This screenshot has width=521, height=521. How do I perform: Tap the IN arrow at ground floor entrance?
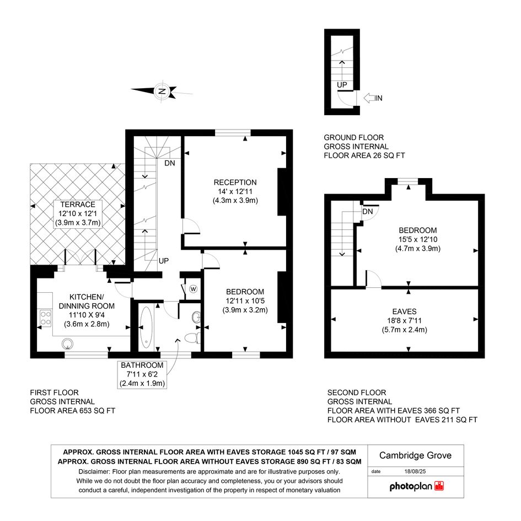(x=369, y=98)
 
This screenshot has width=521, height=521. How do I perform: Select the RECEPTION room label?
(x=235, y=182)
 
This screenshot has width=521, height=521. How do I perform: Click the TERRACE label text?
(x=78, y=205)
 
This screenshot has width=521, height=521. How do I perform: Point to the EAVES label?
(x=404, y=311)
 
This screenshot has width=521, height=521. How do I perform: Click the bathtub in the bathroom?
(x=146, y=327)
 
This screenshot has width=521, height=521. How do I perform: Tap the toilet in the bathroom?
(x=192, y=338)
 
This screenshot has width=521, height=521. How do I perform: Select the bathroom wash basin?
(x=196, y=317)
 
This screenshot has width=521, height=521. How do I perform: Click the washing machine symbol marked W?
(x=194, y=289)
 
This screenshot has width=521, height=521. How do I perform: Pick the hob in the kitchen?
(x=46, y=318)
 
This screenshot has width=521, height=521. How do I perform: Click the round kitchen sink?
(x=68, y=343)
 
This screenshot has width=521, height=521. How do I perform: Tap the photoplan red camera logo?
(x=439, y=486)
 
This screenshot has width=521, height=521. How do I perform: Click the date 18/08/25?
(x=415, y=471)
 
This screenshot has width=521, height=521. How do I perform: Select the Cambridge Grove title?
(x=415, y=455)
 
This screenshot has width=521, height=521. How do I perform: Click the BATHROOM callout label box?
(x=142, y=374)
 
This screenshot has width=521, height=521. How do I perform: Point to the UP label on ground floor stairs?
(x=342, y=85)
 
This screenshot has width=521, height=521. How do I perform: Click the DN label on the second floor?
(x=368, y=212)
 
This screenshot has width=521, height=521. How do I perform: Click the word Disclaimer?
(x=94, y=471)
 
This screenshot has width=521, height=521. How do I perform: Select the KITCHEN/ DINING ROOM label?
(x=87, y=302)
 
